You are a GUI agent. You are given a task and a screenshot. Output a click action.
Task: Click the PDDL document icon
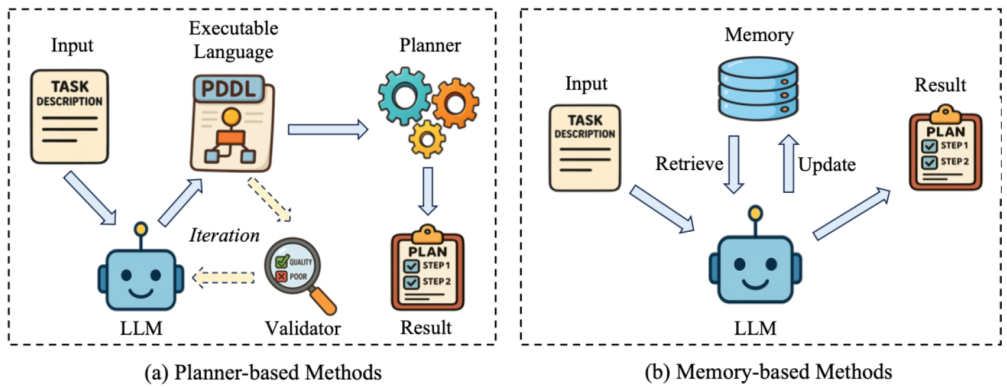[x=233, y=123]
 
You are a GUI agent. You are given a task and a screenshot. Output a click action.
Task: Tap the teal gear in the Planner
[x=404, y=96]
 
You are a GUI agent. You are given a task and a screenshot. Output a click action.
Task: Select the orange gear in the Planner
[x=455, y=103]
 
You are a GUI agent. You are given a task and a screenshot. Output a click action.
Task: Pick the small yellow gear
[x=427, y=139]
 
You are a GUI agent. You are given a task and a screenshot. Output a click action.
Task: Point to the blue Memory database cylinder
[x=758, y=88]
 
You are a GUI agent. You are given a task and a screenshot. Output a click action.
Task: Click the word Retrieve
[x=689, y=164]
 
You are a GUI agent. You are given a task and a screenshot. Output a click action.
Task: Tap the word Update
[x=827, y=165]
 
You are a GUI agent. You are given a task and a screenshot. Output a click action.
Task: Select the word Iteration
[x=224, y=235]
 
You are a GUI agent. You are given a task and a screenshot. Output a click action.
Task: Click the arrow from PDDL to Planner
[x=327, y=129]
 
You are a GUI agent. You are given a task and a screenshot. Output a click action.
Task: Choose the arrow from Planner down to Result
[x=428, y=191]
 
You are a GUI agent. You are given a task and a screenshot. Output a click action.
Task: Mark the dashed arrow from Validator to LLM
[x=223, y=278]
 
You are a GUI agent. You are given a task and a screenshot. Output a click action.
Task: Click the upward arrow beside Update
[x=789, y=164]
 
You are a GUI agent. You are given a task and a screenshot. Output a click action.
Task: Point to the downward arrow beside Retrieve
[x=733, y=164]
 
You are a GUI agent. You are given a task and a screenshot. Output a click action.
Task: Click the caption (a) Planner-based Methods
[x=263, y=373]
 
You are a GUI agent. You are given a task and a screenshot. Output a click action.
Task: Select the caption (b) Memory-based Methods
[x=769, y=372]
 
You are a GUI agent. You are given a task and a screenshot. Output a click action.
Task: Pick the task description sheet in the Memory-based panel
[x=585, y=148]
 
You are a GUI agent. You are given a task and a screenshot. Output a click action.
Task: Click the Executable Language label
[x=233, y=40]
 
